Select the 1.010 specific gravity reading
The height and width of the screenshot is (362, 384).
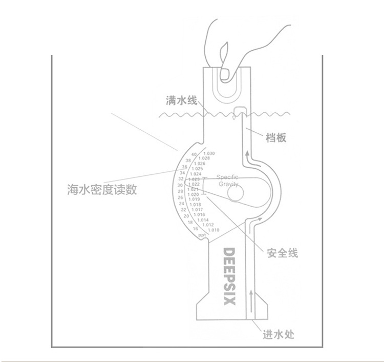point(214,230)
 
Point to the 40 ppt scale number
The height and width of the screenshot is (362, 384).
point(194,154)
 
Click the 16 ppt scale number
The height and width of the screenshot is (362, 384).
point(196,229)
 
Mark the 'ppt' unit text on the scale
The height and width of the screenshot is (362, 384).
point(202,234)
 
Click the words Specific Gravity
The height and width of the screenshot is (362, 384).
point(227,180)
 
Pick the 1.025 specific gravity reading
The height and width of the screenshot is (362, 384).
point(198,169)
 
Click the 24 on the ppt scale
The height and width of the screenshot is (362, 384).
point(181,204)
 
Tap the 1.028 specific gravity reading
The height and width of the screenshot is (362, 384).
point(205,158)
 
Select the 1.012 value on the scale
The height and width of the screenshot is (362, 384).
point(208,225)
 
